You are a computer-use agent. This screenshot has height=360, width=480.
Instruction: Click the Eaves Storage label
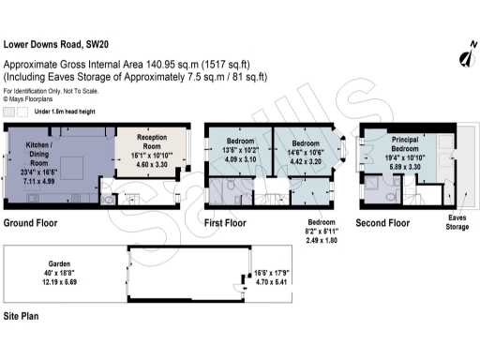click(x=457, y=221)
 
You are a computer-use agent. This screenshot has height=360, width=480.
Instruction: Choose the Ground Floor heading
click(x=31, y=223)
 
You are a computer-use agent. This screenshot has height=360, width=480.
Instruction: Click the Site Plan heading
click(x=22, y=317)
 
